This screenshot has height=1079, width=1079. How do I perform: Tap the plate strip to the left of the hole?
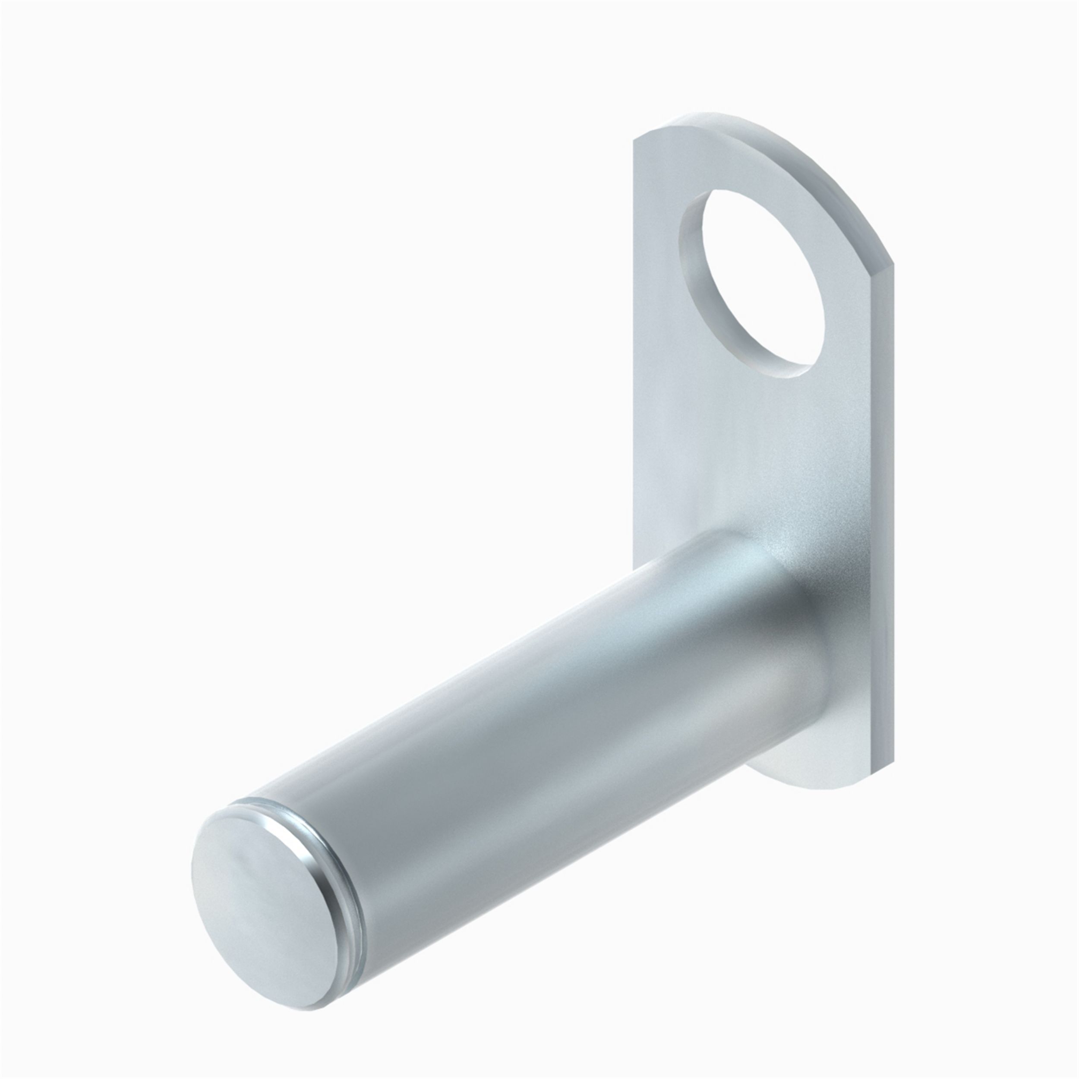click(656, 279)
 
